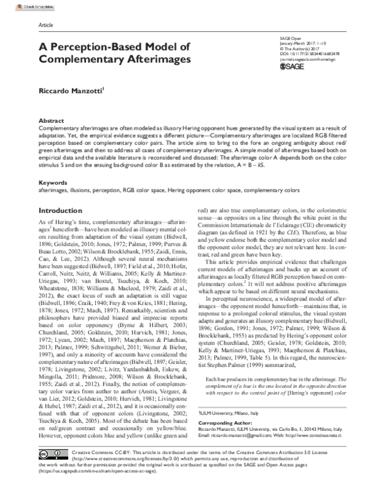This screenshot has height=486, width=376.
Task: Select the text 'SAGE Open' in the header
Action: click(x=289, y=38)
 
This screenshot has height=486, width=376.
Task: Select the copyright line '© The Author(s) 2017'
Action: click(x=300, y=49)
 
